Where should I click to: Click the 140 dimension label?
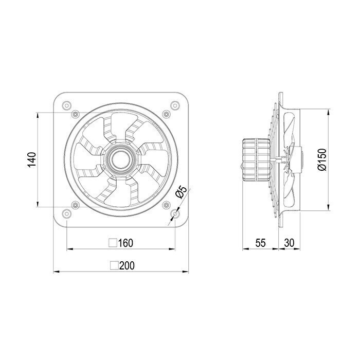pyautogui.click(x=32, y=160)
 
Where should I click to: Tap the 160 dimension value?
pyautogui.click(x=125, y=243)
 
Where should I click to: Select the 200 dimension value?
pyautogui.click(x=127, y=266)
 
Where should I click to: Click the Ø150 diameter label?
pyautogui.click(x=322, y=160)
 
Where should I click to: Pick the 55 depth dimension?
pyautogui.click(x=261, y=243)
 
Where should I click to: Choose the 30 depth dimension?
pyautogui.click(x=289, y=243)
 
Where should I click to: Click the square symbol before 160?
pyautogui.click(x=113, y=243)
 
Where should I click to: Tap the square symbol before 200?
pyautogui.click(x=114, y=266)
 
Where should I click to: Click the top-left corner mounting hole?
pyautogui.click(x=66, y=105)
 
